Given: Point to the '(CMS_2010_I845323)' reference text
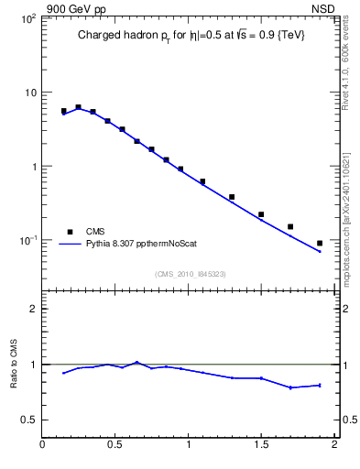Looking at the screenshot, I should pyautogui.click(x=191, y=273).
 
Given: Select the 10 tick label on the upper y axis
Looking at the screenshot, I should pyautogui.click(x=30, y=93).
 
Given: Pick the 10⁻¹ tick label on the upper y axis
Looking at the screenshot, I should pyautogui.click(x=28, y=240).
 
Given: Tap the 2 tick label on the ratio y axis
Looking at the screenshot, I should pyautogui.click(x=33, y=309).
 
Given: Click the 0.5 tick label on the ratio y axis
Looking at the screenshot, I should pyautogui.click(x=28, y=420).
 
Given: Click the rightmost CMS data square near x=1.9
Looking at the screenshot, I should pyautogui.click(x=320, y=243).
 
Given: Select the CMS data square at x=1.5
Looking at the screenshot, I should pyautogui.click(x=261, y=214).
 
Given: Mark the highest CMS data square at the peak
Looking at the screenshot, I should pyautogui.click(x=78, y=107).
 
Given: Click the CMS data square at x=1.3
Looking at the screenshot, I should pyautogui.click(x=232, y=197).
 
